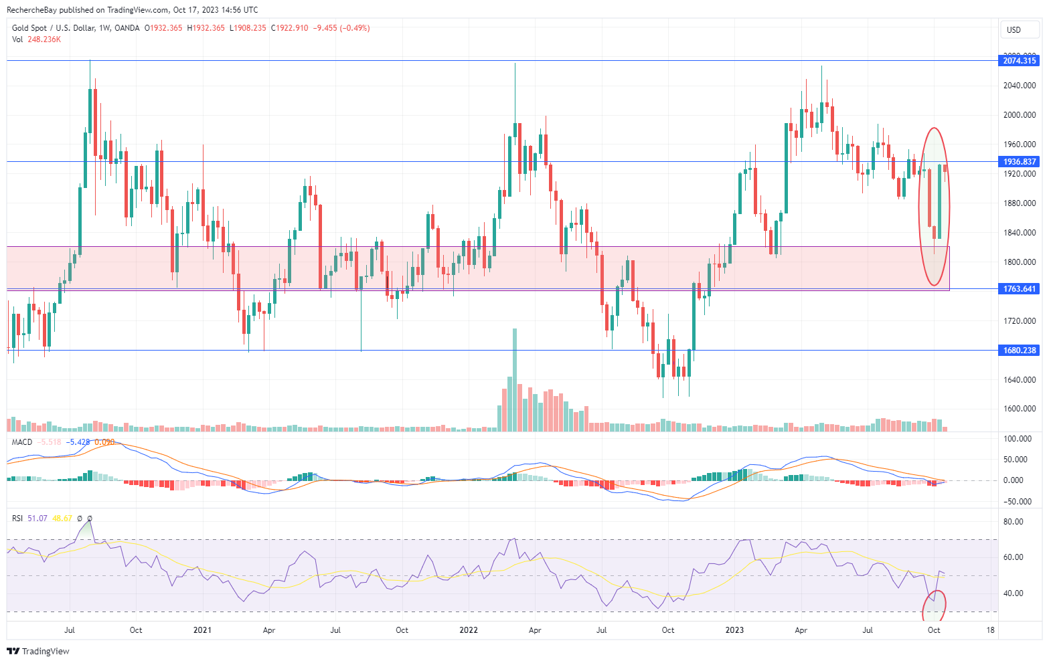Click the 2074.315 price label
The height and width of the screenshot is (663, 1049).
point(1020,61)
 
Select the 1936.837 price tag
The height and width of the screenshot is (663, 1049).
point(1020,162)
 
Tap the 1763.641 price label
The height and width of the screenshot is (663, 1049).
point(1020,289)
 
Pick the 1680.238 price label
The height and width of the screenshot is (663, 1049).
point(1020,351)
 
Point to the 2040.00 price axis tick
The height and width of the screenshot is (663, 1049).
point(1020,86)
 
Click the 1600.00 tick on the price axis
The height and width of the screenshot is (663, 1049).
point(1020,409)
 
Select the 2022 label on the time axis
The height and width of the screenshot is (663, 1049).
point(469,630)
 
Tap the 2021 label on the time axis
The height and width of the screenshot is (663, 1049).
point(202,630)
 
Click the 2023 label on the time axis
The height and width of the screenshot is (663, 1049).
point(734,630)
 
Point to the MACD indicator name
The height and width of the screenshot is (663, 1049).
point(22,442)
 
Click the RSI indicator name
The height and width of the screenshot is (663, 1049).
point(17,518)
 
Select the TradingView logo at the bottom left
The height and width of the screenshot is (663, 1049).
point(38,651)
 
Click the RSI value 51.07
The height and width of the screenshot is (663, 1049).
point(37,518)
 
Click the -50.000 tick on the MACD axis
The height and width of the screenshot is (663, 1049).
point(1018,502)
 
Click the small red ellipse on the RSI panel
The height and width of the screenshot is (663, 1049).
point(934,605)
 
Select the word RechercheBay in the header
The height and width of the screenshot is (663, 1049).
point(31,10)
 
